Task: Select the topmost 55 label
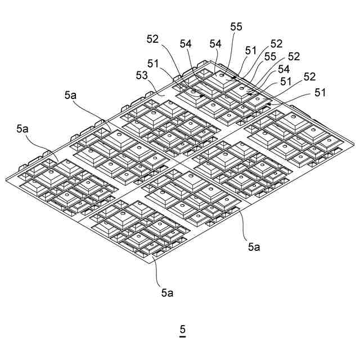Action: (x=237, y=26)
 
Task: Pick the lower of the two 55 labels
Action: (x=270, y=56)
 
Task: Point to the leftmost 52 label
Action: (x=153, y=39)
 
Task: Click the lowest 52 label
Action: (x=310, y=76)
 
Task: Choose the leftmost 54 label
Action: (x=186, y=43)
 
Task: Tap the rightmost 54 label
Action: (x=284, y=69)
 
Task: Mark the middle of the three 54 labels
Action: (x=216, y=43)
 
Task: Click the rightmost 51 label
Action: (x=320, y=92)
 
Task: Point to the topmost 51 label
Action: (x=251, y=50)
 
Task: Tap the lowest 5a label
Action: (x=167, y=292)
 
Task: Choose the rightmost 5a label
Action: (x=254, y=246)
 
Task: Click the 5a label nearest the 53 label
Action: (x=71, y=95)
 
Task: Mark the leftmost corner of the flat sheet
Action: (x=5, y=180)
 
